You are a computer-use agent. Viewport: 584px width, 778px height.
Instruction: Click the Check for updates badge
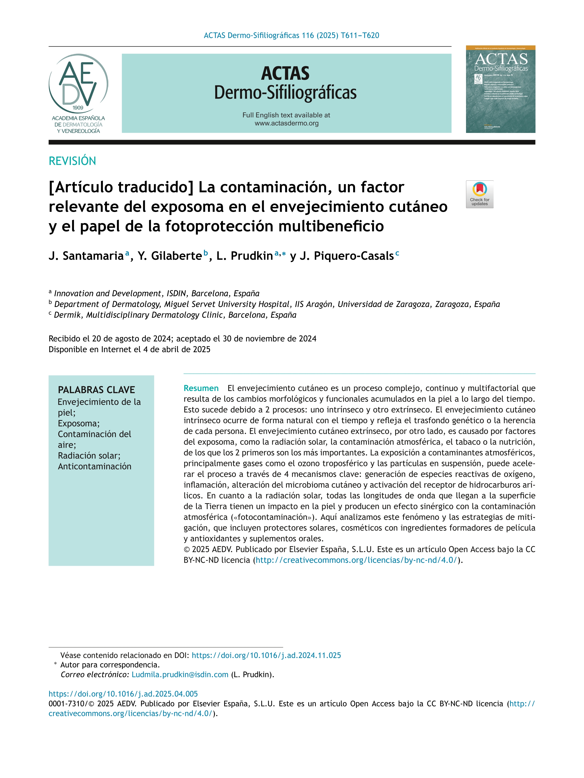[x=479, y=194]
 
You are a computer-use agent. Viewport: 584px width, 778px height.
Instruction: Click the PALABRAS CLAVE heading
[x=96, y=390]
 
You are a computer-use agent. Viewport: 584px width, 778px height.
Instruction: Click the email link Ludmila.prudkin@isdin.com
[x=180, y=674]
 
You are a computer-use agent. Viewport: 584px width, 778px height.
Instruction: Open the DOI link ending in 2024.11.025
[x=266, y=655]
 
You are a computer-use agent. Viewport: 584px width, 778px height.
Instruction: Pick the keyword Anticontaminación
[x=94, y=466]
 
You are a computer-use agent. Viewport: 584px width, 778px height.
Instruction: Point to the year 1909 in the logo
[x=78, y=108]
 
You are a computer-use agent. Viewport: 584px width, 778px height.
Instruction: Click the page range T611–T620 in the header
[x=360, y=36]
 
